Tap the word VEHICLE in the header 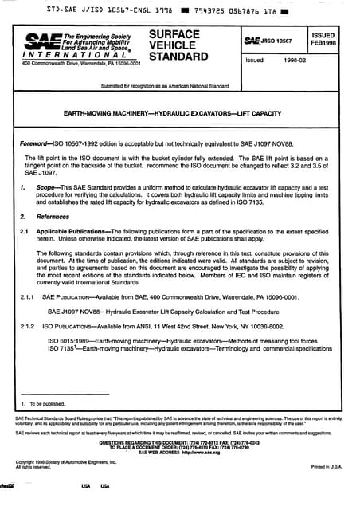(x=174, y=46)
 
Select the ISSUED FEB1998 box (x=323, y=40)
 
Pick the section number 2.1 (x=25, y=231)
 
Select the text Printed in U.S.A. (x=327, y=466)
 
